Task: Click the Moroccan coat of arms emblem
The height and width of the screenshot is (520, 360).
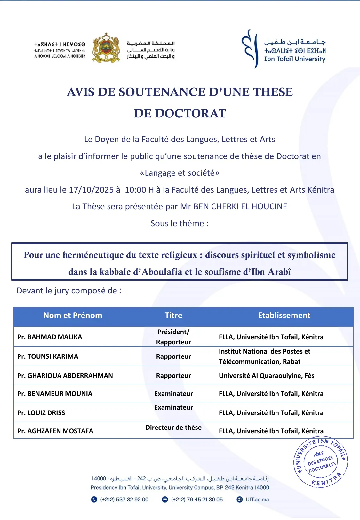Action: pyautogui.click(x=106, y=48)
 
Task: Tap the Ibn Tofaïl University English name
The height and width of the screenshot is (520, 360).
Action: pyautogui.click(x=294, y=59)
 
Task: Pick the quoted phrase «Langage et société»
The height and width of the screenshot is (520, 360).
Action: pyautogui.click(x=180, y=173)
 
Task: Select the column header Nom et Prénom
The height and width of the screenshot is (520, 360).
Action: pyautogui.click(x=73, y=316)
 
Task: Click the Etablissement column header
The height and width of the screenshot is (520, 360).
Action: pyautogui.click(x=284, y=316)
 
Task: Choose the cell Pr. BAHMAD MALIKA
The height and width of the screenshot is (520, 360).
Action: pyautogui.click(x=50, y=337)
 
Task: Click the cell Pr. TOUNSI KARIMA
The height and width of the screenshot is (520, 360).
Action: pyautogui.click(x=48, y=356)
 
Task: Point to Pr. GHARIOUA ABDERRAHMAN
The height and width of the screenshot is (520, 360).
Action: pyautogui.click(x=65, y=376)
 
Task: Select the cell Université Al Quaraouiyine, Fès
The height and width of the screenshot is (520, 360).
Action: pyautogui.click(x=267, y=376)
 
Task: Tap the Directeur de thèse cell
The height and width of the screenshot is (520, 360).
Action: pyautogui.click(x=173, y=428)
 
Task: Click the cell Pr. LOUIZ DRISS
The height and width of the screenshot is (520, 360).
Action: pyautogui.click(x=41, y=413)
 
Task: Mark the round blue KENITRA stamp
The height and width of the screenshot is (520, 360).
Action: pyautogui.click(x=321, y=462)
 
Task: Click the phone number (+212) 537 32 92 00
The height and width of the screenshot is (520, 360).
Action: pyautogui.click(x=124, y=500)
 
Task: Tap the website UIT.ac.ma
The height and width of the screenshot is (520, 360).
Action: pyautogui.click(x=257, y=500)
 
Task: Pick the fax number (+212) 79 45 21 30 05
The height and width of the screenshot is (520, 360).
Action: pyautogui.click(x=197, y=500)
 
